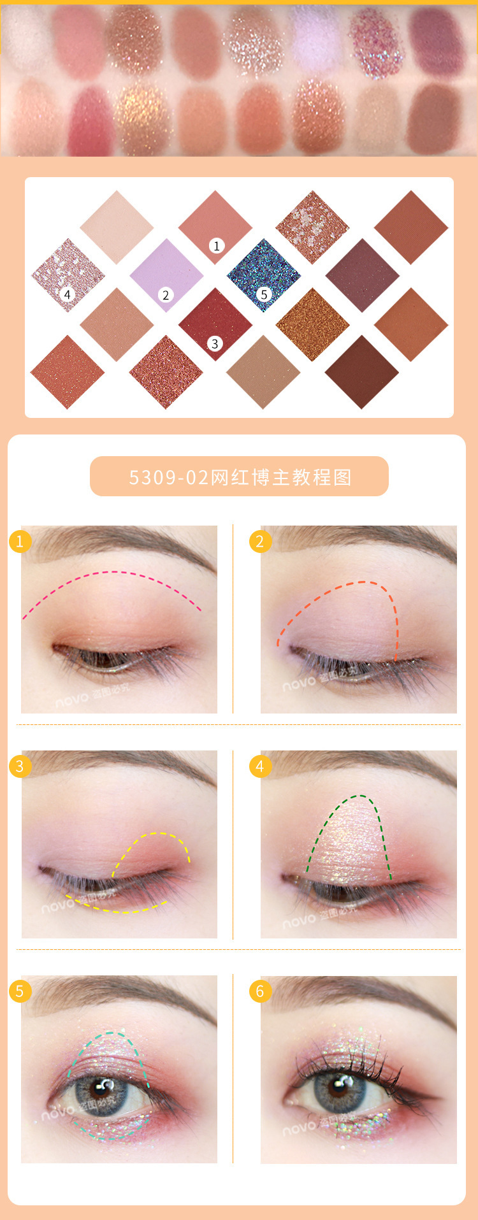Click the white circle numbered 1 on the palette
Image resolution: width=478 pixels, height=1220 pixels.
pyautogui.click(x=217, y=246)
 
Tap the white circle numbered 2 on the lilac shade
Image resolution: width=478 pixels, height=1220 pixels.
pyautogui.click(x=166, y=295)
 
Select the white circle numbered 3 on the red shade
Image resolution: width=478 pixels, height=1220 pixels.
pyautogui.click(x=215, y=344)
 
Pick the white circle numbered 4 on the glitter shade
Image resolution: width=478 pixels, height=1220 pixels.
pyautogui.click(x=67, y=294)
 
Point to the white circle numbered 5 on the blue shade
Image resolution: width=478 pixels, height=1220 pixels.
pyautogui.click(x=264, y=294)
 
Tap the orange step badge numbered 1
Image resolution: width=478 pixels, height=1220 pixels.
pyautogui.click(x=20, y=542)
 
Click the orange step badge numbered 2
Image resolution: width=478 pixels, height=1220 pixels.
pyautogui.click(x=259, y=542)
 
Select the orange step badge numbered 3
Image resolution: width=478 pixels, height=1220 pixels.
pyautogui.click(x=20, y=766)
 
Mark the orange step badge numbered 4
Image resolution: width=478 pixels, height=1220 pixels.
pyautogui.click(x=259, y=766)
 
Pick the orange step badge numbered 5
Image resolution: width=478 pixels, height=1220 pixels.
pyautogui.click(x=20, y=991)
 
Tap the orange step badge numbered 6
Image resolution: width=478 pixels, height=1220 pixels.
pyautogui.click(x=259, y=991)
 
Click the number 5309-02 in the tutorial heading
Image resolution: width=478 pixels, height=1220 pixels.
pyautogui.click(x=169, y=477)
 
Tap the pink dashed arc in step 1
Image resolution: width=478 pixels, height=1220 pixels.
pyautogui.click(x=115, y=572)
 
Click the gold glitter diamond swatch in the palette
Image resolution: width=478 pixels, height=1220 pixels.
pyautogui.click(x=312, y=324)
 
